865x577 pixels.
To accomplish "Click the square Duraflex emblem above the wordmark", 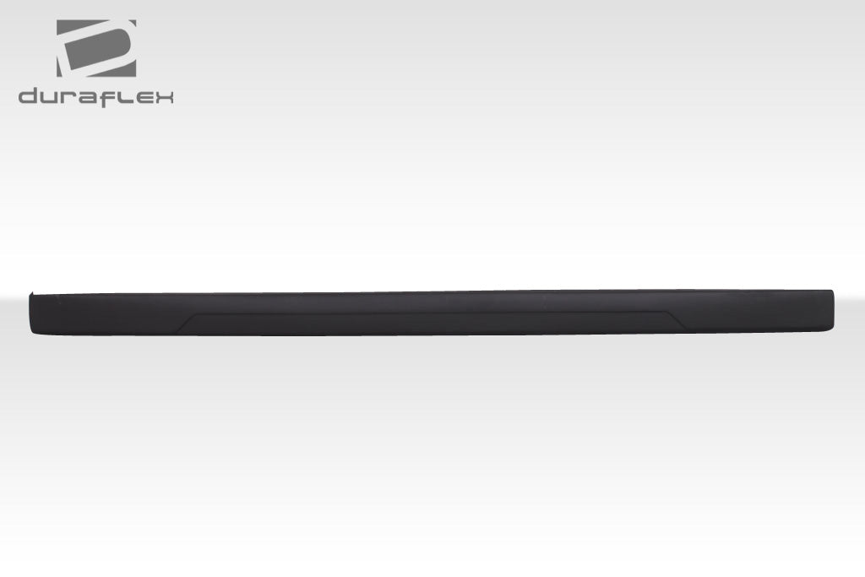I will (96, 48).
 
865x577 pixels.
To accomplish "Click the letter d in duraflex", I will (29, 96).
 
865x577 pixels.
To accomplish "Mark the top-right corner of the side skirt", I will (832, 291).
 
